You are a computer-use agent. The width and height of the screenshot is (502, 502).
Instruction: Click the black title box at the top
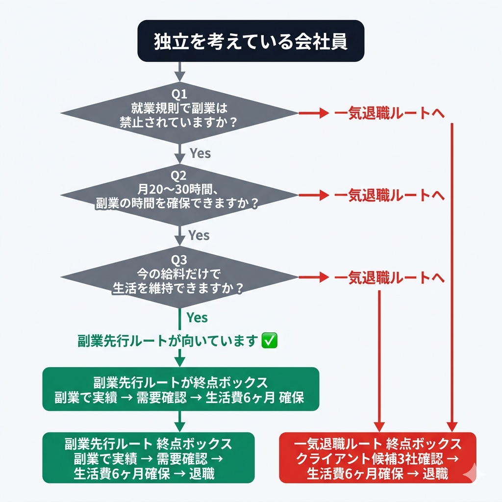pos(251,41)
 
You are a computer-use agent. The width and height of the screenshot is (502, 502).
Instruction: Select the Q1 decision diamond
pos(179,113)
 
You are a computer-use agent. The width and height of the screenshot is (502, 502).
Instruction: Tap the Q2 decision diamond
pos(179,195)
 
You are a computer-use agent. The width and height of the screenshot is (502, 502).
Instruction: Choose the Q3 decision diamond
pos(179,277)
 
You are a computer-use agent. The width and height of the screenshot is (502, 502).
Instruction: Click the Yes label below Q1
pos(201,153)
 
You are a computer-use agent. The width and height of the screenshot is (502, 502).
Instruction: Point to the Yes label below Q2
pos(199,235)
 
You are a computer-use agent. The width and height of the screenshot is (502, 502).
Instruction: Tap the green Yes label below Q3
pos(197,318)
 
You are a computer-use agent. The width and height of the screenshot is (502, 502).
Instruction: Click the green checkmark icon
pos(269,340)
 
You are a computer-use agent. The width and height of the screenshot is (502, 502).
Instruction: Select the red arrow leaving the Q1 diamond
pos(314,113)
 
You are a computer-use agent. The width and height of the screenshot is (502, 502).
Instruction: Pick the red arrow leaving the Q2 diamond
pos(314,195)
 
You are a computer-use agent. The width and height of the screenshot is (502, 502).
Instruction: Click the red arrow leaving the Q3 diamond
pos(314,277)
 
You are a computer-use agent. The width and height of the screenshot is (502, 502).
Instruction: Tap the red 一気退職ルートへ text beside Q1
pos(390,113)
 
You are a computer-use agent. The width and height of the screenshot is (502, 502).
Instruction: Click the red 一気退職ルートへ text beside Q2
pos(390,195)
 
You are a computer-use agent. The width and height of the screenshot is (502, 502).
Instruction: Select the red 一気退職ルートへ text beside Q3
pos(390,277)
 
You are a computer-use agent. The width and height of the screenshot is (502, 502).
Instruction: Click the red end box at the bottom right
pos(378,457)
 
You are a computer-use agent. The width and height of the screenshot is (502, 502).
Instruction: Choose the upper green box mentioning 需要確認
pos(181,389)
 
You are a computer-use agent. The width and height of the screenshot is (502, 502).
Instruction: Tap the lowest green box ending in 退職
pos(148,457)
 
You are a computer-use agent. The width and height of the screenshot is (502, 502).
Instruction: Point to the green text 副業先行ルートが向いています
pos(168,341)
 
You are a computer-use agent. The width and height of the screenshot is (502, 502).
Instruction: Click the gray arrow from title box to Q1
pos(179,72)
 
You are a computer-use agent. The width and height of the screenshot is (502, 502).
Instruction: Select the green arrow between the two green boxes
pos(179,422)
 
